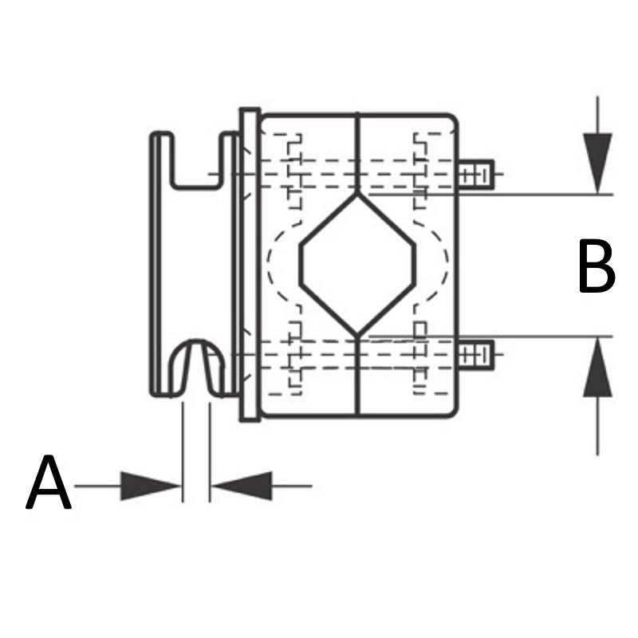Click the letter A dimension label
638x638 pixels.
[x=49, y=483]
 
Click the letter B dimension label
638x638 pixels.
[x=596, y=266]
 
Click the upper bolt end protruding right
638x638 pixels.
[x=477, y=174]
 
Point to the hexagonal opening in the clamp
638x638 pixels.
[x=357, y=263]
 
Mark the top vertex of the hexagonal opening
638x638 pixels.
[x=357, y=194]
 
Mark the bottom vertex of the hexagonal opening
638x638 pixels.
[x=357, y=334]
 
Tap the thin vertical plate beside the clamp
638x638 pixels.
[x=249, y=263]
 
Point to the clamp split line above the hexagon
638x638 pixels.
[x=357, y=152]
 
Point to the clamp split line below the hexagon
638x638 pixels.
[x=357, y=375]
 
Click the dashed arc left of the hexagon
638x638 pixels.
[x=273, y=263]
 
